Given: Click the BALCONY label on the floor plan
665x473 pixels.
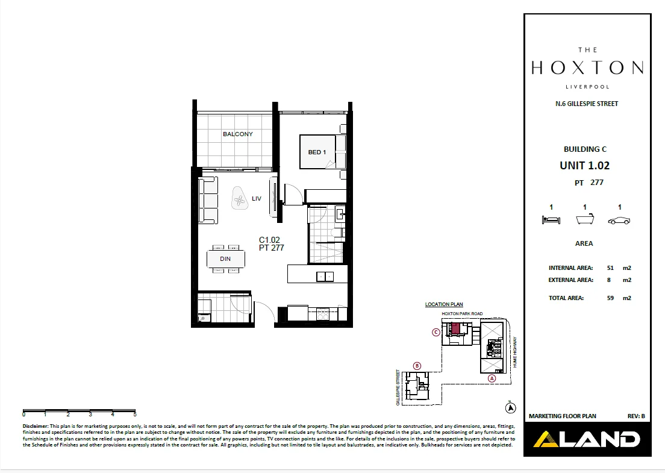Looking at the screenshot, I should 238,134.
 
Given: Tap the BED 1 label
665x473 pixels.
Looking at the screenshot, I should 317,152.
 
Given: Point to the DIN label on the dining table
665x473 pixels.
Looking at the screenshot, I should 225,260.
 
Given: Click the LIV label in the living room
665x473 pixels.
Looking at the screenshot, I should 257,198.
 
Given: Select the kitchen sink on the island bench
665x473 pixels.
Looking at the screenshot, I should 325,277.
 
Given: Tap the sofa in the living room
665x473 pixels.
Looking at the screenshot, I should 208,201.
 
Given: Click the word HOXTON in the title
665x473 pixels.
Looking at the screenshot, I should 587,67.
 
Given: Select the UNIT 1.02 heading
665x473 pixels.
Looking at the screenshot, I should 584,165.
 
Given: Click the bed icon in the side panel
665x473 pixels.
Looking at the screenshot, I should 551,221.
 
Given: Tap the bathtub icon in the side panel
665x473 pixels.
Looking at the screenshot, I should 584,220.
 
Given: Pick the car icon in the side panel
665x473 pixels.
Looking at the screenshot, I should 619,221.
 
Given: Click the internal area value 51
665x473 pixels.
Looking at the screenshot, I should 610,268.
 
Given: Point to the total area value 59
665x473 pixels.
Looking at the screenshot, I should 610,298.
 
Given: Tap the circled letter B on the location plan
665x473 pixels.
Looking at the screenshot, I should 417,366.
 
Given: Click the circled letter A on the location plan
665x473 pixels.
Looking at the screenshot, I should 492,378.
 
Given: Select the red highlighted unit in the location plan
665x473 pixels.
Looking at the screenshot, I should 456,329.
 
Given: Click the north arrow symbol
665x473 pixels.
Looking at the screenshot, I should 511,407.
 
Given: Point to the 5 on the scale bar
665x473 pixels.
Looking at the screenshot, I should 135,415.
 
